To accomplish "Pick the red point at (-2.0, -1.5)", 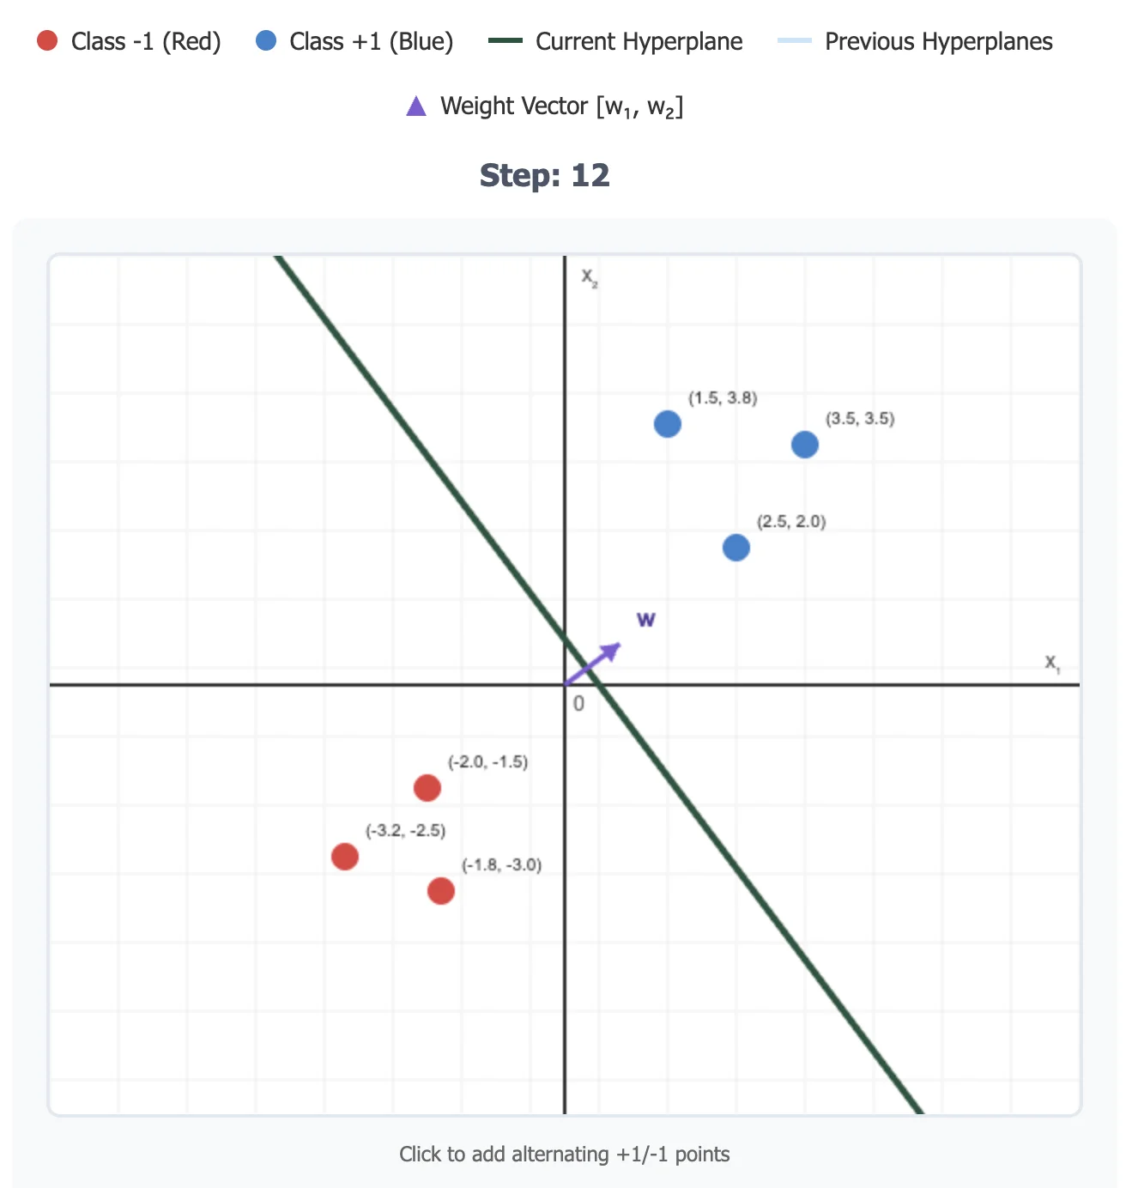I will pos(427,787).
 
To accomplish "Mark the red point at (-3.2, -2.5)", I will pos(345,856).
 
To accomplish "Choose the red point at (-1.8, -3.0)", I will pos(441,890).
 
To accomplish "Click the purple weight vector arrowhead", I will pos(613,649).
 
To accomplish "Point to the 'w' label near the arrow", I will pos(646,619).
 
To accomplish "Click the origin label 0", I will pos(578,704).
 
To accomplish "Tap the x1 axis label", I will pos(1052,663).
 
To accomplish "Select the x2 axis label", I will pos(590,277).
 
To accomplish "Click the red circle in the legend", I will pos(47,40).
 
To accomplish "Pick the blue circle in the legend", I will pos(266,40).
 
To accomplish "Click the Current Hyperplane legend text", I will pos(639,41).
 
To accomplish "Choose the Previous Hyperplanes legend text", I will pos(938,41).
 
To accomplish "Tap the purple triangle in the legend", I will pos(416,106).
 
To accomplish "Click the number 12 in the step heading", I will pos(590,175).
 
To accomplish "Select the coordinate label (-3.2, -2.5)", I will pos(405,830).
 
